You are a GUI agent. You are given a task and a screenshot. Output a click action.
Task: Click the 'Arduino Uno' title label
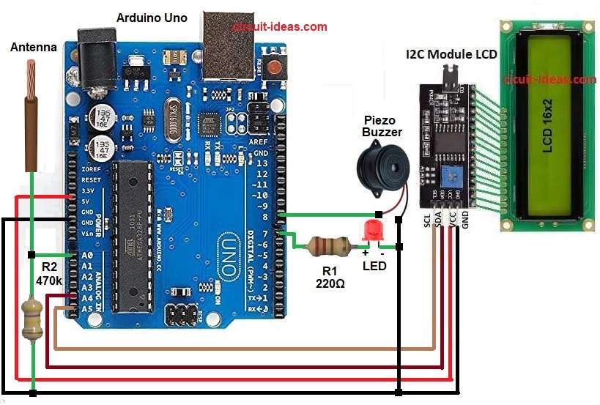(152, 17)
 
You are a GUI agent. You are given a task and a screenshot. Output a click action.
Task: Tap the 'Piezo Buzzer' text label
(382, 126)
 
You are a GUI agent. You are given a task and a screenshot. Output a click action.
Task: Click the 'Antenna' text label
(33, 47)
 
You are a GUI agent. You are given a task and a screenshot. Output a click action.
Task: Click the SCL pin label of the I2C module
(426, 221)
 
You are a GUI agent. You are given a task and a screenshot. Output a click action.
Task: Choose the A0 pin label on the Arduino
(86, 256)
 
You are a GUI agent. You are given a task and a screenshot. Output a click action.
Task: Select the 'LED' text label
(374, 265)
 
